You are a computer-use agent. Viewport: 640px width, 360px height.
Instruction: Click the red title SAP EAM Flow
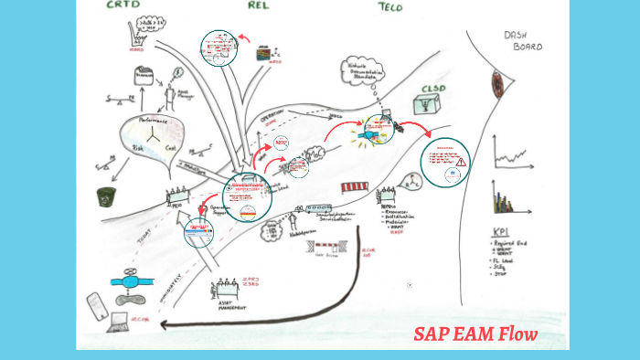pos(475,333)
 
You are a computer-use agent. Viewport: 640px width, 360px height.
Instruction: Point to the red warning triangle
pos(462,162)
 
